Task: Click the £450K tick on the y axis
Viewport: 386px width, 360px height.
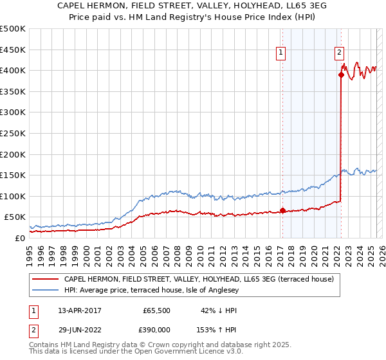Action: (13, 49)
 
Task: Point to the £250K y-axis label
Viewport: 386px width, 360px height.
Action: (13, 133)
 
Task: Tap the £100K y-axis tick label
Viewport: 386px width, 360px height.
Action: (13, 196)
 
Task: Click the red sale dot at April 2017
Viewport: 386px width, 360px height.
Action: (282, 210)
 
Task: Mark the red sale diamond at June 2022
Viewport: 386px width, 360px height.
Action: (341, 74)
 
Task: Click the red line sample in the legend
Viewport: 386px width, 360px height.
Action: (46, 280)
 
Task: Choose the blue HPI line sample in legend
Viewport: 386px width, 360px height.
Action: (46, 291)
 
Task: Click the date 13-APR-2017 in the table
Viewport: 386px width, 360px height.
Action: (79, 310)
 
